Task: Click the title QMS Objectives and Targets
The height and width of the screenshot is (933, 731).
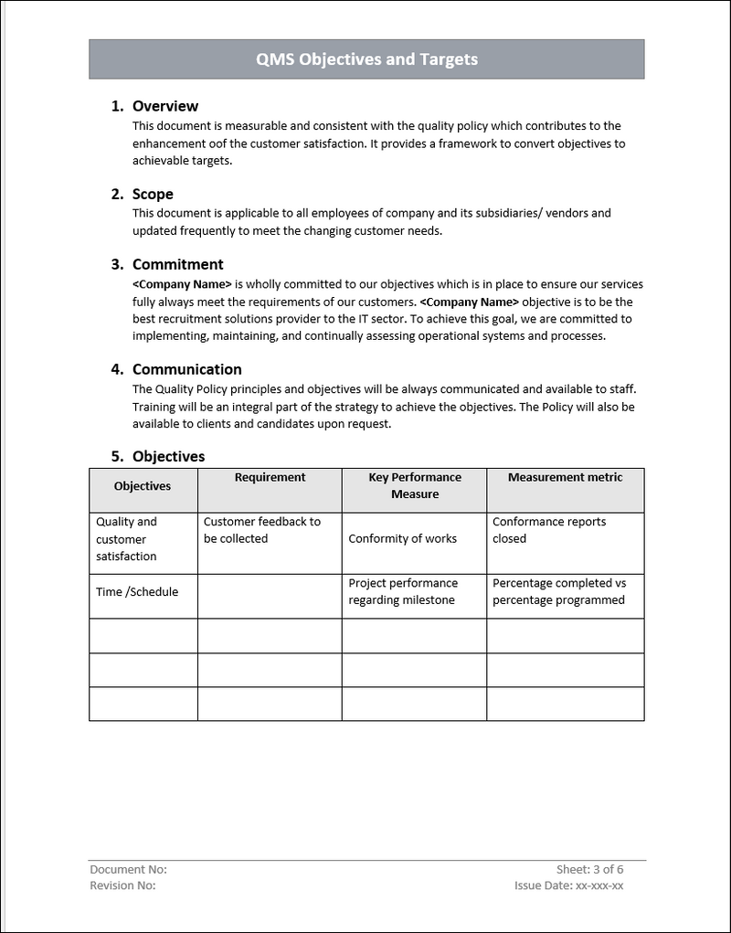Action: (366, 59)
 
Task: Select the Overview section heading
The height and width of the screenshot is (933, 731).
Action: (164, 106)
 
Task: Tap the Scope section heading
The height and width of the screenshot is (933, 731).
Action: (153, 194)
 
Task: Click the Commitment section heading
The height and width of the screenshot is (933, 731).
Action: (177, 264)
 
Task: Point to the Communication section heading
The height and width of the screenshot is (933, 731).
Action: (186, 369)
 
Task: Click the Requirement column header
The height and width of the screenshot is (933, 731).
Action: (270, 478)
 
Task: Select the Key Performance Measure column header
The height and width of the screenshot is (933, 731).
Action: (415, 486)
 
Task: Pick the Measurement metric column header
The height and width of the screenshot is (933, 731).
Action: (565, 478)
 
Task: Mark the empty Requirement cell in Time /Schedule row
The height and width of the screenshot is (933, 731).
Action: (270, 596)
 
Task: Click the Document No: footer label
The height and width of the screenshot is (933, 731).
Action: (128, 870)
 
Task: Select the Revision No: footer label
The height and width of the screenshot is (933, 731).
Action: (122, 885)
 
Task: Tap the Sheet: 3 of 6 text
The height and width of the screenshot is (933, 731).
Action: (589, 870)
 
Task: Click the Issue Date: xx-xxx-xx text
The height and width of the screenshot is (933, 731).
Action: (568, 885)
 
